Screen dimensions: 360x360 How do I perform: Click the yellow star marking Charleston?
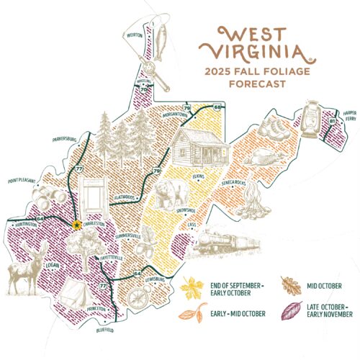[x=77, y=225]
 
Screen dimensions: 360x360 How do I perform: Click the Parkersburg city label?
[x=85, y=135]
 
